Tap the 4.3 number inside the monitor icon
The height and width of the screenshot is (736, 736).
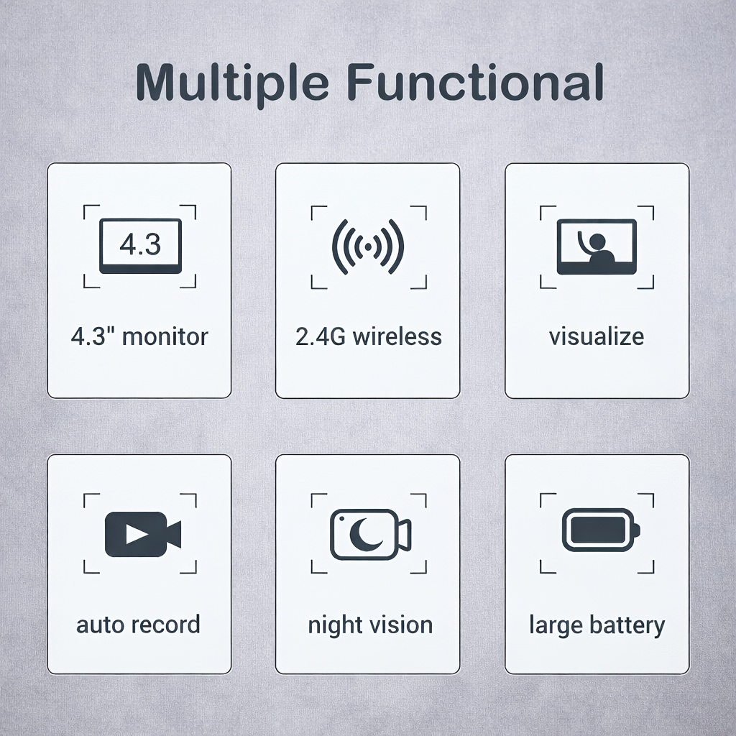pyautogui.click(x=140, y=244)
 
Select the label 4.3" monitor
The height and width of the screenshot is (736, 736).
pyautogui.click(x=139, y=336)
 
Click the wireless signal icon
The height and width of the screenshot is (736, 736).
pyautogui.click(x=368, y=247)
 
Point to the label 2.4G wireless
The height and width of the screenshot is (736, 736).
pyautogui.click(x=369, y=336)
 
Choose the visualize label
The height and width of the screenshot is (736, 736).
pyautogui.click(x=597, y=336)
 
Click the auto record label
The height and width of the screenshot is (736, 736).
pyautogui.click(x=139, y=625)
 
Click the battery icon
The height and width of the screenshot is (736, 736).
pyautogui.click(x=602, y=530)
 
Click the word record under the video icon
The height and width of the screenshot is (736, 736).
pyautogui.click(x=165, y=625)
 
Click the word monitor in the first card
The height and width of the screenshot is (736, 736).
pyautogui.click(x=165, y=336)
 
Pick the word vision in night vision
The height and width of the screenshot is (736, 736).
pyautogui.click(x=401, y=625)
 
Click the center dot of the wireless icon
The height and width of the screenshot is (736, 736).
pyautogui.click(x=368, y=247)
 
